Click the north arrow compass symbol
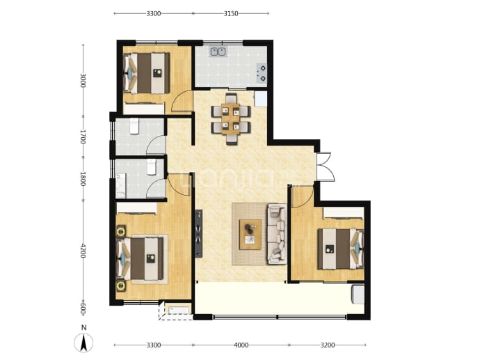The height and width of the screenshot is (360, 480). click(x=83, y=343)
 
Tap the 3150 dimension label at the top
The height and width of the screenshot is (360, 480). click(x=231, y=13)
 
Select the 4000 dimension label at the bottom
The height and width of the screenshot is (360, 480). click(x=241, y=345)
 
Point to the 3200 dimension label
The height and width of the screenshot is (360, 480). click(x=328, y=345)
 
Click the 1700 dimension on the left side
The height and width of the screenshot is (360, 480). click(x=83, y=137)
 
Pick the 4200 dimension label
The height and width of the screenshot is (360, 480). click(x=83, y=251)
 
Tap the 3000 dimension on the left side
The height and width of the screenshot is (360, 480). click(x=83, y=80)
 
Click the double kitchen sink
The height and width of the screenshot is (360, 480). click(x=218, y=52)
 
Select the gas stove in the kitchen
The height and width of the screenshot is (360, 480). click(x=262, y=74)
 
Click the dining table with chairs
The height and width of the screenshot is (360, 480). click(x=231, y=119)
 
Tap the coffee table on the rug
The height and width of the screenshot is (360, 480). click(x=250, y=235)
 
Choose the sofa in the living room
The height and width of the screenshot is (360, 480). click(x=277, y=234)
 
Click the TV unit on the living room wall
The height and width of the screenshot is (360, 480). click(x=199, y=234)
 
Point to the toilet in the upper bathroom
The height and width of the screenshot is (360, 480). click(x=134, y=126)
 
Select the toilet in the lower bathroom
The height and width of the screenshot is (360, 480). click(x=152, y=167)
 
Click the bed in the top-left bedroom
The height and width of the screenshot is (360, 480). click(x=146, y=73)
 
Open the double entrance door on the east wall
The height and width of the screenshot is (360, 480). click(x=325, y=166)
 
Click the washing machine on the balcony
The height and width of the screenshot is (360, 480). click(x=358, y=294)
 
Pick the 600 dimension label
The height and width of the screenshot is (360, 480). click(x=83, y=309)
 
